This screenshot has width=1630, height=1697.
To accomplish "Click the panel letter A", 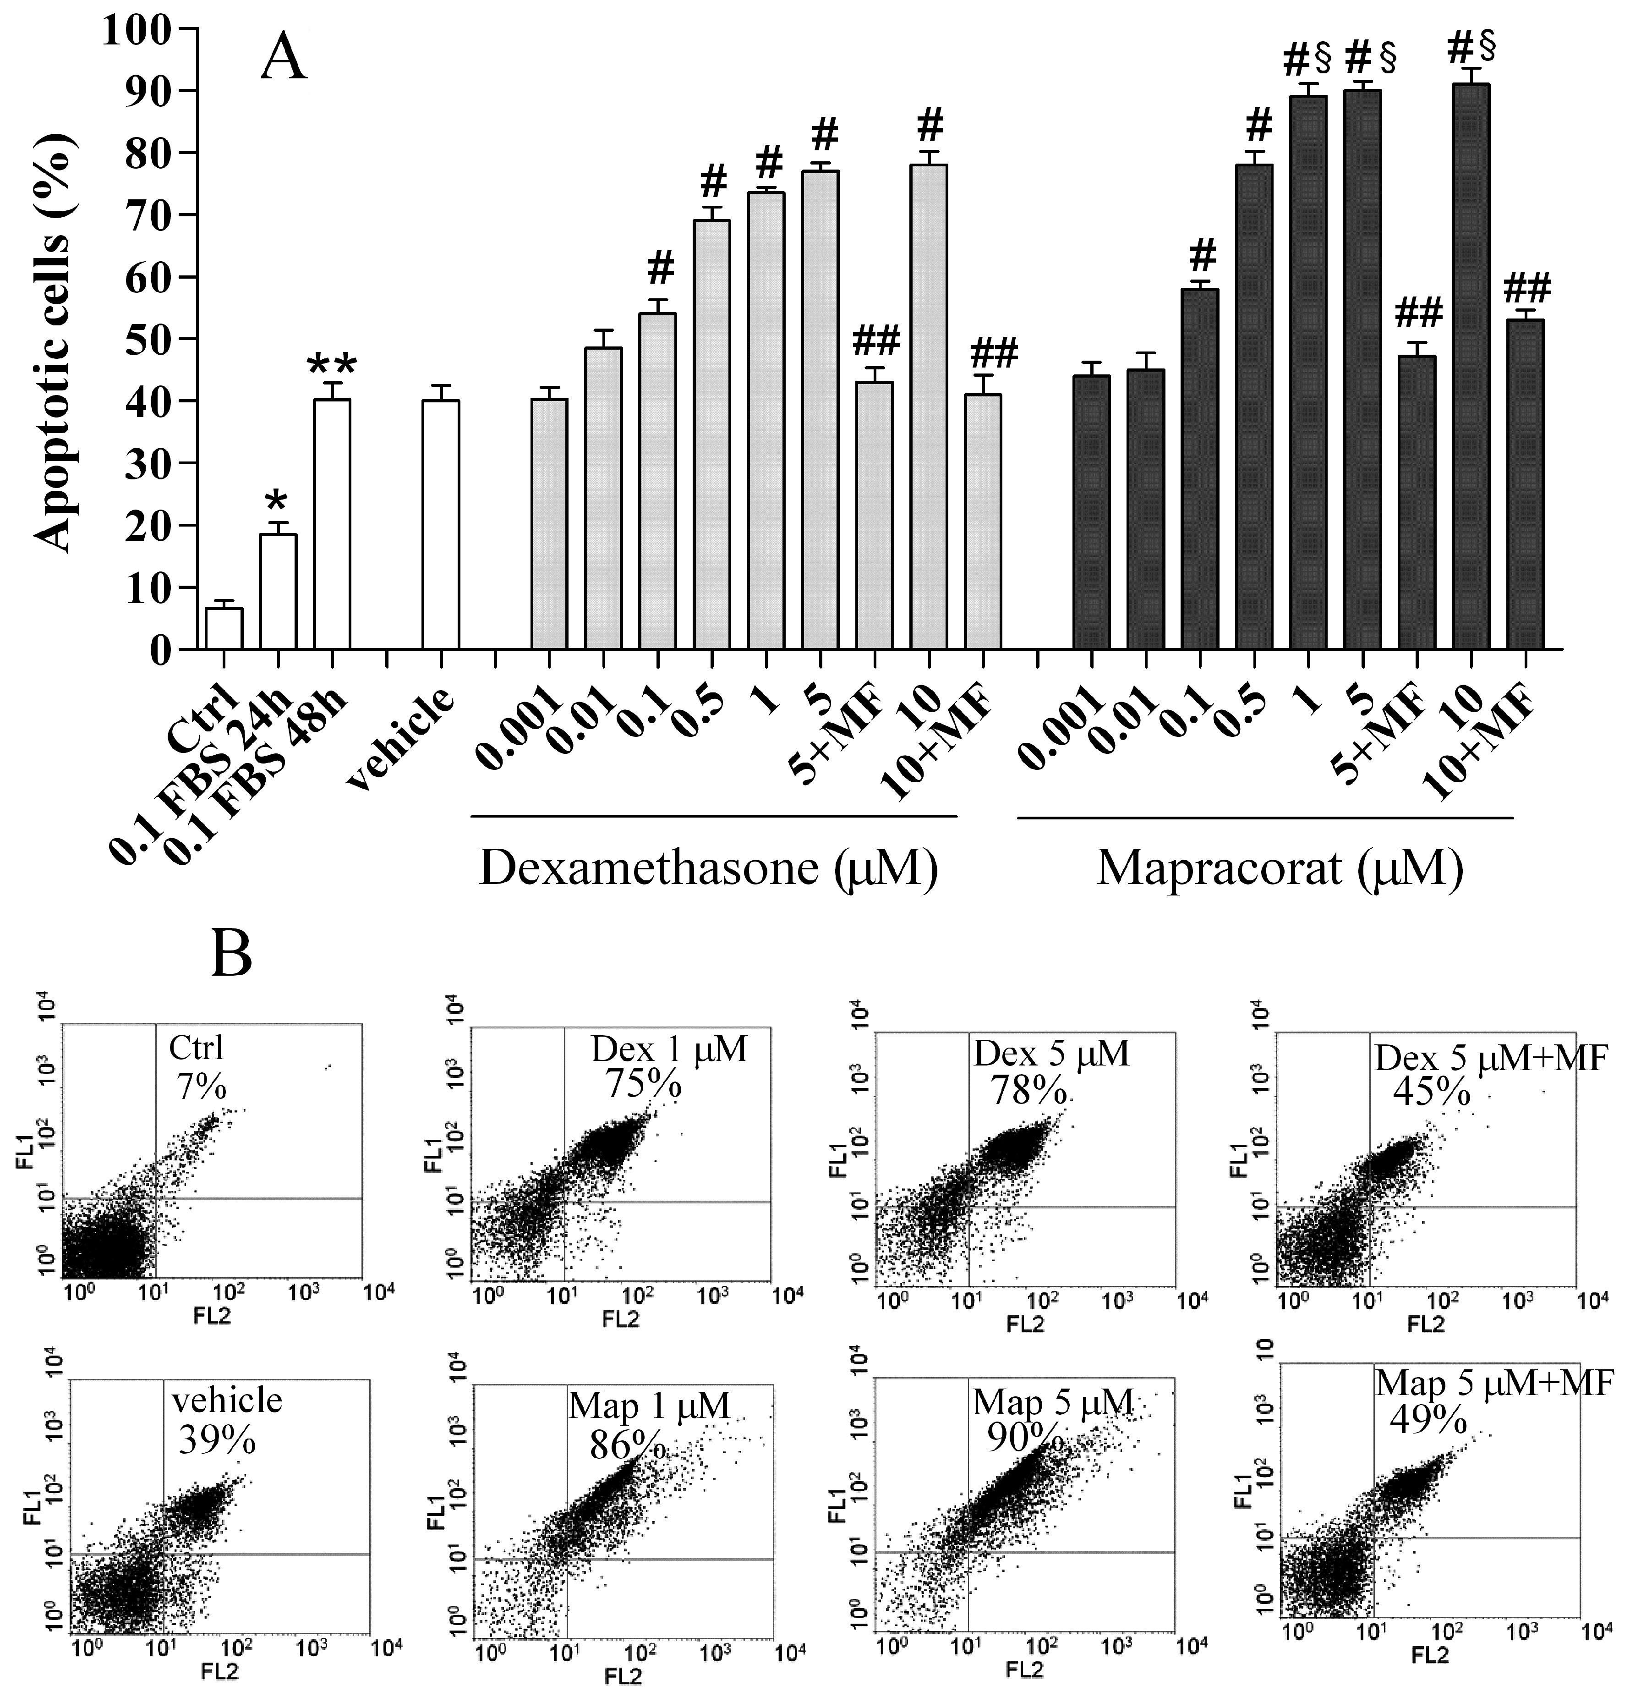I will pos(284,59).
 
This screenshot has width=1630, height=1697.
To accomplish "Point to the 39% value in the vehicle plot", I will pos(216,1440).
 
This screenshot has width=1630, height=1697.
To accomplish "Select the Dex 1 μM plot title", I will pos(668,1049).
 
